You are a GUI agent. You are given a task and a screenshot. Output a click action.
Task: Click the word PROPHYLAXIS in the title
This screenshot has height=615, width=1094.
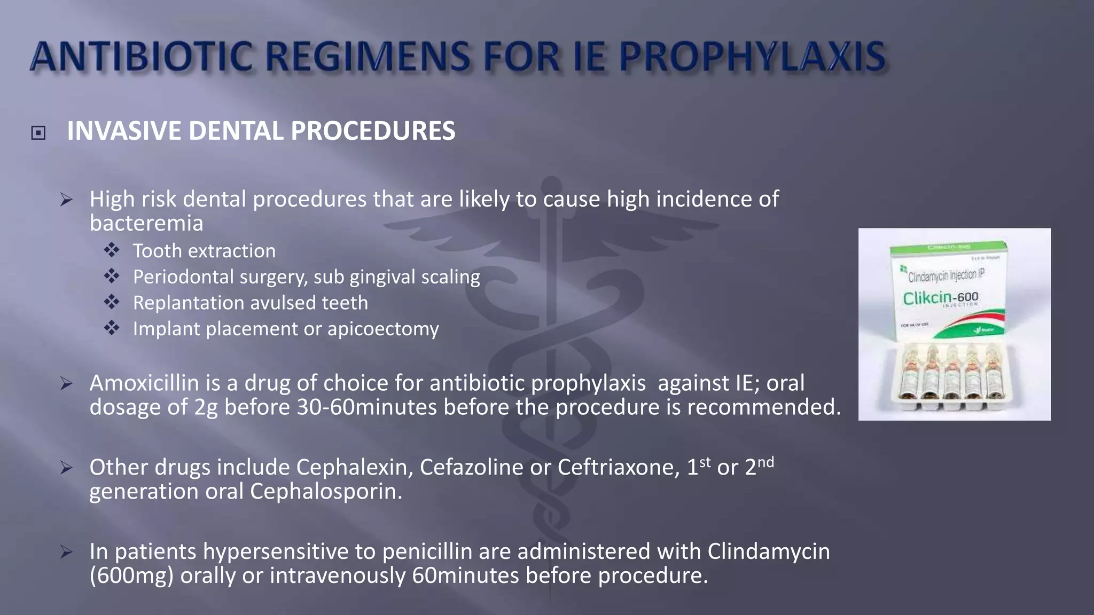[753, 57]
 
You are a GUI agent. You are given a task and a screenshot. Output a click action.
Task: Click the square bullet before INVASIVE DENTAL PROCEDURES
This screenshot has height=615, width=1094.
[38, 132]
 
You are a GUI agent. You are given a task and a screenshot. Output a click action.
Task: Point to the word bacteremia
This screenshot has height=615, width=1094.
[146, 223]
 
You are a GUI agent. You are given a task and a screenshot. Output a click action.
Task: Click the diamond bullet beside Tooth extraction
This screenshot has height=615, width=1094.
[112, 250]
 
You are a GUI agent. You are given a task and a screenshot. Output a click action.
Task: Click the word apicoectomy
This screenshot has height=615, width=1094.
[383, 329]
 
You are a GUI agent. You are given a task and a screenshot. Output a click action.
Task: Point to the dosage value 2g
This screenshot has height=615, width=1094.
[206, 407]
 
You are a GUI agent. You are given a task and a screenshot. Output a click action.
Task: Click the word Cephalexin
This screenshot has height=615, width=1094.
[355, 468]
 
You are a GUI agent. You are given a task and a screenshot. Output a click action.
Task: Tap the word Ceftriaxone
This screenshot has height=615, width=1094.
[619, 468]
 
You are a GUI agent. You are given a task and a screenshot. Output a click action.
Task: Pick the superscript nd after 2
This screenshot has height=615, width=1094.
[765, 462]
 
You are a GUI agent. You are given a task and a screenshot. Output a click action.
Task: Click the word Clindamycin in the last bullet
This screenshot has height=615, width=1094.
[769, 551]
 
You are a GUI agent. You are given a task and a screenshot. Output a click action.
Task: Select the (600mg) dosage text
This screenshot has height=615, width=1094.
[131, 575]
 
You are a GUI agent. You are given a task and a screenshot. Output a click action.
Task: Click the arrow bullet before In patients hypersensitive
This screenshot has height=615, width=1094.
[66, 551]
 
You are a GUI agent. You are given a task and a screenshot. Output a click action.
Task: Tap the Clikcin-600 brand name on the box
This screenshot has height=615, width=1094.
[940, 297]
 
